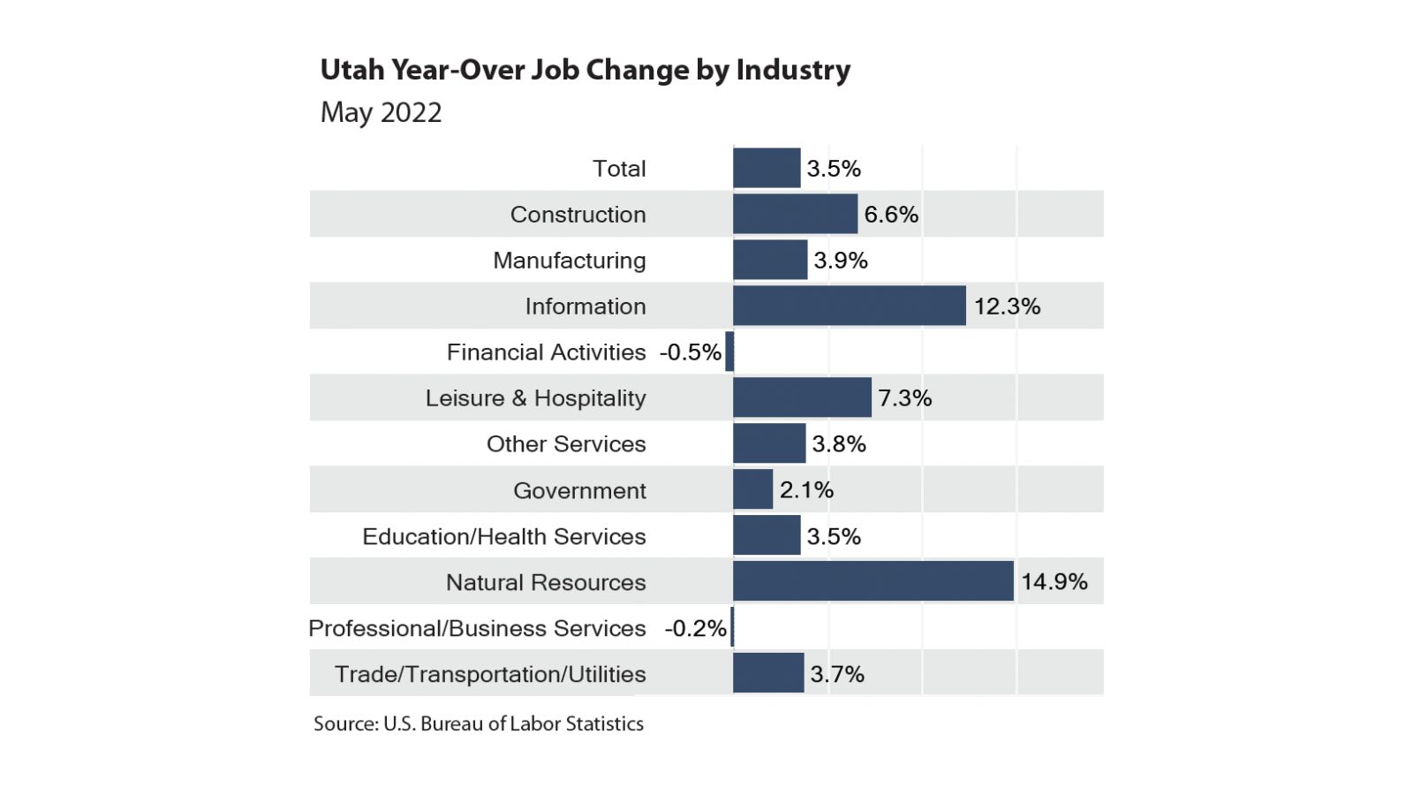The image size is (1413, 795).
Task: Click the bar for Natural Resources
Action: [x=873, y=581]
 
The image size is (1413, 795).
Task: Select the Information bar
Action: [x=849, y=306]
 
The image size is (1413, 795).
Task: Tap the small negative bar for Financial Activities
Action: [x=729, y=352]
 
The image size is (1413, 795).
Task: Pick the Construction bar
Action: [x=795, y=214]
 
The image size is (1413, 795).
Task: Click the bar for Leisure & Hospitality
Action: [x=802, y=397]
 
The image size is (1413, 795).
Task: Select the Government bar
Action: [x=752, y=489]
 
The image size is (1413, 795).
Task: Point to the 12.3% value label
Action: [x=1007, y=307]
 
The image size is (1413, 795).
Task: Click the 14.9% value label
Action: [x=1054, y=582]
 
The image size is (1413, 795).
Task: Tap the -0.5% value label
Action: [x=690, y=352]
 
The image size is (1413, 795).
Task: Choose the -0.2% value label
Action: [x=695, y=628]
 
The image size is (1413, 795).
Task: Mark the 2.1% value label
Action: [x=806, y=490]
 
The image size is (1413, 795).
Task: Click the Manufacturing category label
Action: [x=569, y=261]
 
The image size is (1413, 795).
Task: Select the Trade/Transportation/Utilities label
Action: [x=490, y=674]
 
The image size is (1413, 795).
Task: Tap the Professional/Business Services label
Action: [x=477, y=628]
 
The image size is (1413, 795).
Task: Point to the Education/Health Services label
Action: [x=503, y=536]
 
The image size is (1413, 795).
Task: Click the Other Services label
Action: [x=566, y=444]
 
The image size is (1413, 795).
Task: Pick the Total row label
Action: [x=619, y=169]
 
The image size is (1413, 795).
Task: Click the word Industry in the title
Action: [x=792, y=70]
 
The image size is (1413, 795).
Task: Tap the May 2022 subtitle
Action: [x=381, y=113]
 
